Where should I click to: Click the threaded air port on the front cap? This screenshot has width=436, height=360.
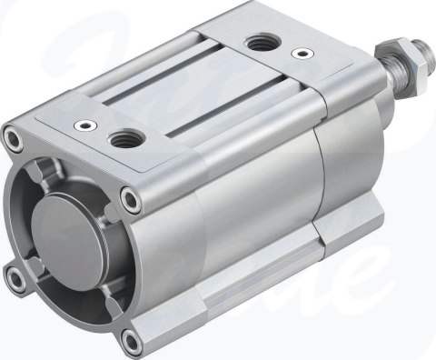click(x=122, y=138)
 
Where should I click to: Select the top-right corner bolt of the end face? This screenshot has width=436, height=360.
click(x=134, y=199)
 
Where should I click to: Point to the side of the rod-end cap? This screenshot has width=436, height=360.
click(x=354, y=164)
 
